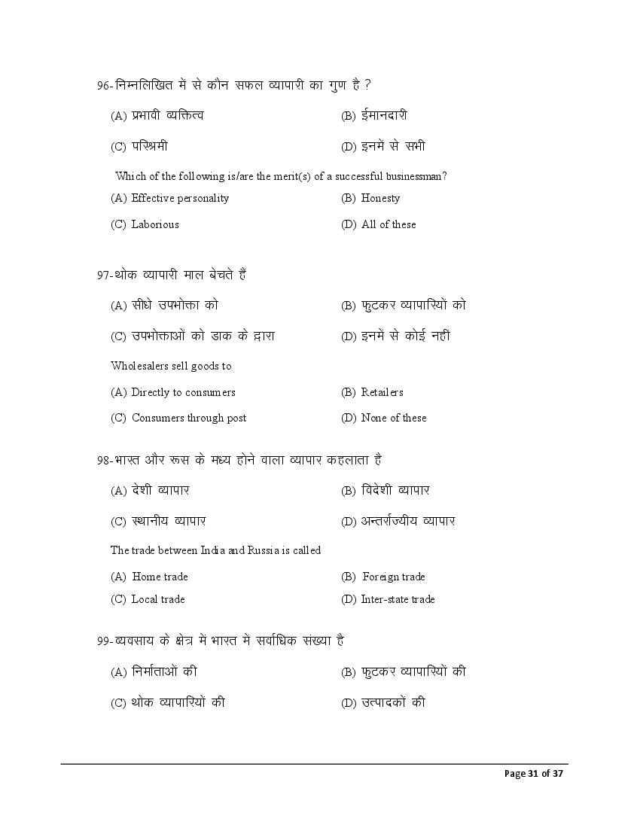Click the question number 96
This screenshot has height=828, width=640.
[104, 86]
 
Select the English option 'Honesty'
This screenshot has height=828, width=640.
[380, 199]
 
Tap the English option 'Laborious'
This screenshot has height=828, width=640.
[155, 224]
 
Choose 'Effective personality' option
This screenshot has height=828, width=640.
[180, 199]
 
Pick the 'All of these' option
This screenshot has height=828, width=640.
[388, 224]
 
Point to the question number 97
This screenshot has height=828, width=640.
[104, 275]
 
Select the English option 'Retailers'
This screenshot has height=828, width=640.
[382, 392]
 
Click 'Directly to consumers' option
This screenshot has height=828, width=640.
[183, 392]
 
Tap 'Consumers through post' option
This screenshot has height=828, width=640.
[189, 418]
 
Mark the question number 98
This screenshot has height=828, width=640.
[104, 460]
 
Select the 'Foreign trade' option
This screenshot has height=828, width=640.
[393, 577]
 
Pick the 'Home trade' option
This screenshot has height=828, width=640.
[160, 577]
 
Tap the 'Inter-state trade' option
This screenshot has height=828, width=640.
[398, 599]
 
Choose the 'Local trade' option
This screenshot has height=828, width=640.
[158, 599]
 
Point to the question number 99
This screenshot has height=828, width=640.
[104, 641]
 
